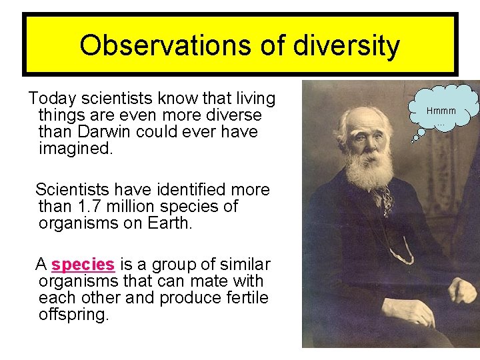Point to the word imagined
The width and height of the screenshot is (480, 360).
pyautogui.click(x=76, y=148)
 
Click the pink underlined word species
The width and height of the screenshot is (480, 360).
pyautogui.click(x=83, y=265)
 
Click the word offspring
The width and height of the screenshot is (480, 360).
pyautogui.click(x=73, y=315)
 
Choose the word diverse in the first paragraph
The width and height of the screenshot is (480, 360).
pyautogui.click(x=229, y=115)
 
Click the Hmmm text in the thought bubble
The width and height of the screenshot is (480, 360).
pyautogui.click(x=441, y=111)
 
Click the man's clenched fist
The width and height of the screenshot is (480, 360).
pyautogui.click(x=463, y=291)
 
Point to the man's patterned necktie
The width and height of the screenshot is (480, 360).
pyautogui.click(x=386, y=198)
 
